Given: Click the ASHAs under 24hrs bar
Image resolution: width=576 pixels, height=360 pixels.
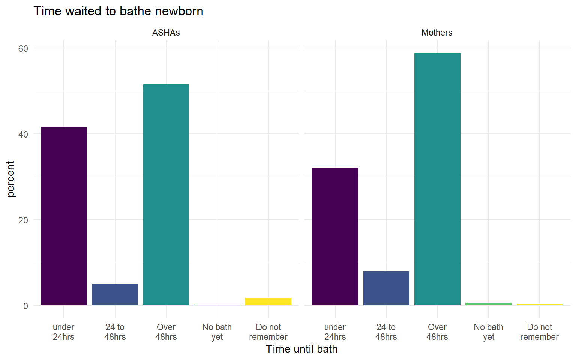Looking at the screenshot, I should point(64,216).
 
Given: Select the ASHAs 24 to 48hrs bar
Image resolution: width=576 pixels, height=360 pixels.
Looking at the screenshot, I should point(115,294).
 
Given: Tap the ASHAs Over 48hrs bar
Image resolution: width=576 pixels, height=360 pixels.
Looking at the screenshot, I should point(166,195).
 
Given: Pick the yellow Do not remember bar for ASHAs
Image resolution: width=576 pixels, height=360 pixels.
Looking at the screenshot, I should point(268,301).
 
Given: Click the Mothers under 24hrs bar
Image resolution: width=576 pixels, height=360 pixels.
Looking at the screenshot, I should point(335,236).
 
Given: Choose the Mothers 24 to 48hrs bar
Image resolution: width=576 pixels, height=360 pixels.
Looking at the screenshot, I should point(386,288).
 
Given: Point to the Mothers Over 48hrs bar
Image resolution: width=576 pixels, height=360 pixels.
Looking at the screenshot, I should point(437,179).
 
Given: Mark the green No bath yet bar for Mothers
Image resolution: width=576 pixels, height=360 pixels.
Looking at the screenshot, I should point(488,304).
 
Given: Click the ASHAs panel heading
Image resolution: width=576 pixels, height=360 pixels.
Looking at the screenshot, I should point(166,33).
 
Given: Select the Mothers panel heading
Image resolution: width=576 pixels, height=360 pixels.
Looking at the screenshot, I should point(437,33).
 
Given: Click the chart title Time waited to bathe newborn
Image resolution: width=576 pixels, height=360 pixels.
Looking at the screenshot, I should point(118,11).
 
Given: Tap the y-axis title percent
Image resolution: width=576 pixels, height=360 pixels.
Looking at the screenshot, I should point(10,179).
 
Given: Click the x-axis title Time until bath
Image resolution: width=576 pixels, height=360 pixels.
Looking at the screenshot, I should point(301,349).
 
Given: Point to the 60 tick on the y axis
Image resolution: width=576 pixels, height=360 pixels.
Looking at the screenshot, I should point(23,48).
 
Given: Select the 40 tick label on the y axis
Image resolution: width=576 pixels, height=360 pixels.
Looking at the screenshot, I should point(23,134).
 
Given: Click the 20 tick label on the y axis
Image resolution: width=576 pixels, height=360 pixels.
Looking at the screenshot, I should point(23,220).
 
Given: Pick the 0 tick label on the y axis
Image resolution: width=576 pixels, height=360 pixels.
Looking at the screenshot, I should point(25,306).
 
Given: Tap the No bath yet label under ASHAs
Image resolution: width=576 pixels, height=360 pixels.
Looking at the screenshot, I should point(217,332).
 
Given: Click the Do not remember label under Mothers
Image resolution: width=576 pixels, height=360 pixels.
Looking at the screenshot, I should point(539,332).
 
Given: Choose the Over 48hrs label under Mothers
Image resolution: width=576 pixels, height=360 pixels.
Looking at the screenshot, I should point(437,332).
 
